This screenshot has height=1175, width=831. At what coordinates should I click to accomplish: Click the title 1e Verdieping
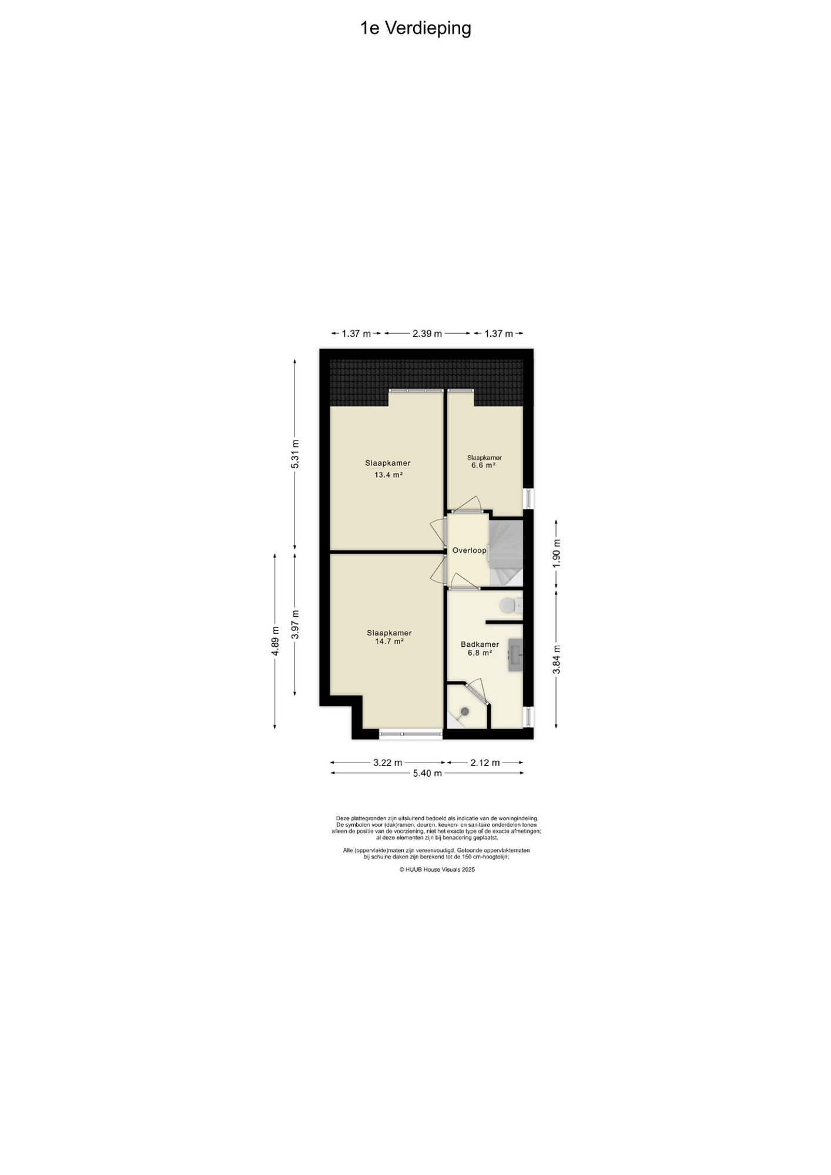(x=415, y=28)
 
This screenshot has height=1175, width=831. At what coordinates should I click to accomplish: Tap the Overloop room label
(x=470, y=550)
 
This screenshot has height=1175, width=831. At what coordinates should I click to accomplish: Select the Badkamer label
(x=480, y=644)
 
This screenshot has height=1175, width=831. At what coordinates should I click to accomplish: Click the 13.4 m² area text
(x=388, y=475)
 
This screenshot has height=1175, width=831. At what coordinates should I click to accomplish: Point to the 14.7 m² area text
(x=389, y=642)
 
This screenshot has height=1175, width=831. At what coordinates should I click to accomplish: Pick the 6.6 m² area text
(x=483, y=465)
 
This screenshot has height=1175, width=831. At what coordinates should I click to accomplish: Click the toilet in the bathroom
(x=511, y=605)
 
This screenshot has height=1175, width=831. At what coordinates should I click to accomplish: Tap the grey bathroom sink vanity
(x=515, y=655)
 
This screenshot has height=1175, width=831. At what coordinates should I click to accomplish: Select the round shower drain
(x=465, y=711)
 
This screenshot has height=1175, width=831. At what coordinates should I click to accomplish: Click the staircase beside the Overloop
(x=506, y=553)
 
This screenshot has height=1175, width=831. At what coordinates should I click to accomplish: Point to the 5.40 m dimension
(x=427, y=773)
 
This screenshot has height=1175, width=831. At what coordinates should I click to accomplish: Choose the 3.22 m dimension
(x=388, y=763)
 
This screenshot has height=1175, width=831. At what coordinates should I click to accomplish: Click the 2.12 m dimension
(x=485, y=763)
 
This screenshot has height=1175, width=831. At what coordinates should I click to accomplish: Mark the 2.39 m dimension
(x=427, y=334)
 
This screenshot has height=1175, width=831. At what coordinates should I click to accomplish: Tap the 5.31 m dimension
(x=295, y=454)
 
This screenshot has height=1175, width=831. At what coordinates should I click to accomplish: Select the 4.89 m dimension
(x=274, y=641)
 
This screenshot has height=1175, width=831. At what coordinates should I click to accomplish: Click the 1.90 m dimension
(x=557, y=553)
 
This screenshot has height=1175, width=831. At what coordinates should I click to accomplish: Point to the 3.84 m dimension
(x=557, y=659)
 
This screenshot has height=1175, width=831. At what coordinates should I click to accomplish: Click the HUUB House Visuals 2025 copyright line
(x=437, y=869)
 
